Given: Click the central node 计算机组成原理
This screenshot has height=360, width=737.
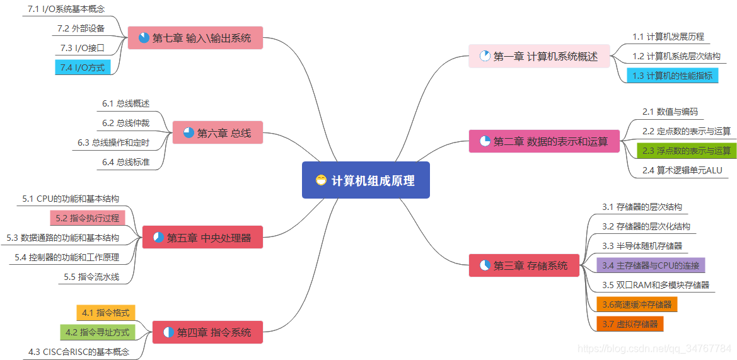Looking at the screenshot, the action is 366,180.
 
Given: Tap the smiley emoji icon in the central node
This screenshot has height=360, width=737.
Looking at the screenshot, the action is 322,180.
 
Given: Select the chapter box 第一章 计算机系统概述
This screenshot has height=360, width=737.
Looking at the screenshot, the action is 539,56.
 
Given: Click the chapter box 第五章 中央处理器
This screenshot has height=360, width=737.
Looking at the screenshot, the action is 202,238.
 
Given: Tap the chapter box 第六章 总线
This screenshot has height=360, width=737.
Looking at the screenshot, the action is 217,132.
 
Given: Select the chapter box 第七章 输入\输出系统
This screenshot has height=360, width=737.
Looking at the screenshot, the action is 195,38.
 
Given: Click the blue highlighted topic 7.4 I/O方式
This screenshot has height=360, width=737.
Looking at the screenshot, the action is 83,67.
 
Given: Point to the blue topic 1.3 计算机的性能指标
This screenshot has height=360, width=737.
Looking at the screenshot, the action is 673,76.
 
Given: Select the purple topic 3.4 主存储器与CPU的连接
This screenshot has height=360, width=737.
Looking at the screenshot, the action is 651,265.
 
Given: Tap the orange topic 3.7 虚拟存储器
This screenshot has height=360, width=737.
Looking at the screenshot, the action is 629,324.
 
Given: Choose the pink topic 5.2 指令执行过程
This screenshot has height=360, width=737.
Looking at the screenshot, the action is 87,218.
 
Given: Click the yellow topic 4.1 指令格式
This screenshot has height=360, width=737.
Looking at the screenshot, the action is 105,312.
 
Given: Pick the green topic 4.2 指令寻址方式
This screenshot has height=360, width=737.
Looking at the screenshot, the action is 97,332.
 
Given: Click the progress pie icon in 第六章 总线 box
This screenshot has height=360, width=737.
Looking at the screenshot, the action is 189,132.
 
